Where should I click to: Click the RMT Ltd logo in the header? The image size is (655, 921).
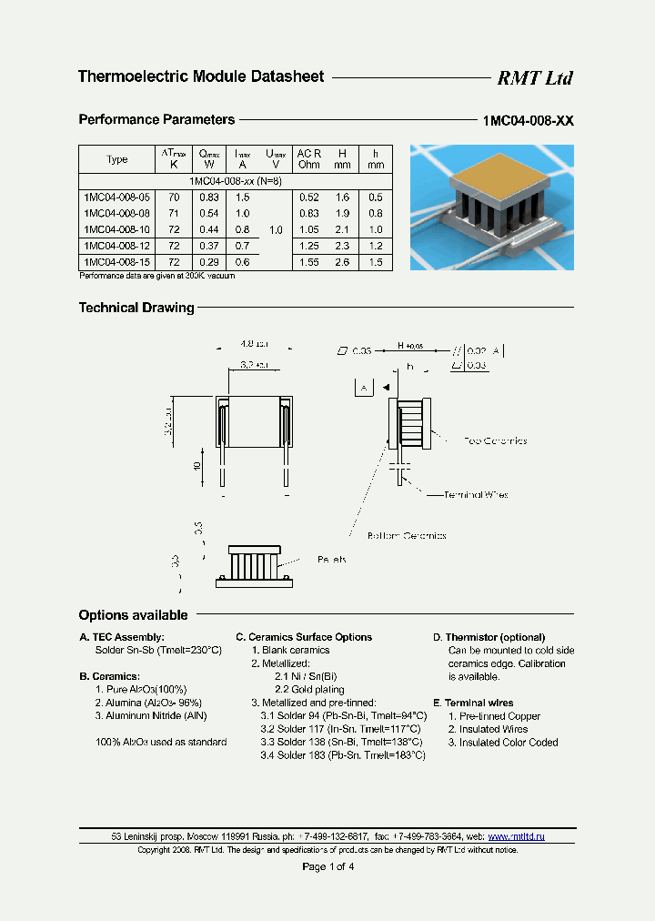534,78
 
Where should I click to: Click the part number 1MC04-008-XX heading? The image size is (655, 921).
527,121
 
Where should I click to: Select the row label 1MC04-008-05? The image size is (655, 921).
116,197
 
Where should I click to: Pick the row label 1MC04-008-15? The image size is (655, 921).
116,262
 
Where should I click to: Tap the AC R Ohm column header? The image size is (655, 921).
309,159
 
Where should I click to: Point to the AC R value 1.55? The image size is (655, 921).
309,262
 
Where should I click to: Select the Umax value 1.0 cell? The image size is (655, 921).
277,229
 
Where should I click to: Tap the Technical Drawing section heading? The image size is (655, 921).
136,308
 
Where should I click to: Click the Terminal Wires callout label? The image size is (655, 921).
475,495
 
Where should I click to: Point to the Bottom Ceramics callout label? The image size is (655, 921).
407,536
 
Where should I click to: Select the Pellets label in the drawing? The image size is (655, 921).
332,560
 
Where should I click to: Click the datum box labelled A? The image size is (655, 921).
363,387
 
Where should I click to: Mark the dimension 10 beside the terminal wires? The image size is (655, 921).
196,465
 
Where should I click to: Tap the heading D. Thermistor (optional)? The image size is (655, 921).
489,637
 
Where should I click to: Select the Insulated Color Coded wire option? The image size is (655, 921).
503,743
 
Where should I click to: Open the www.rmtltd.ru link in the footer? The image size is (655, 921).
516,836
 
